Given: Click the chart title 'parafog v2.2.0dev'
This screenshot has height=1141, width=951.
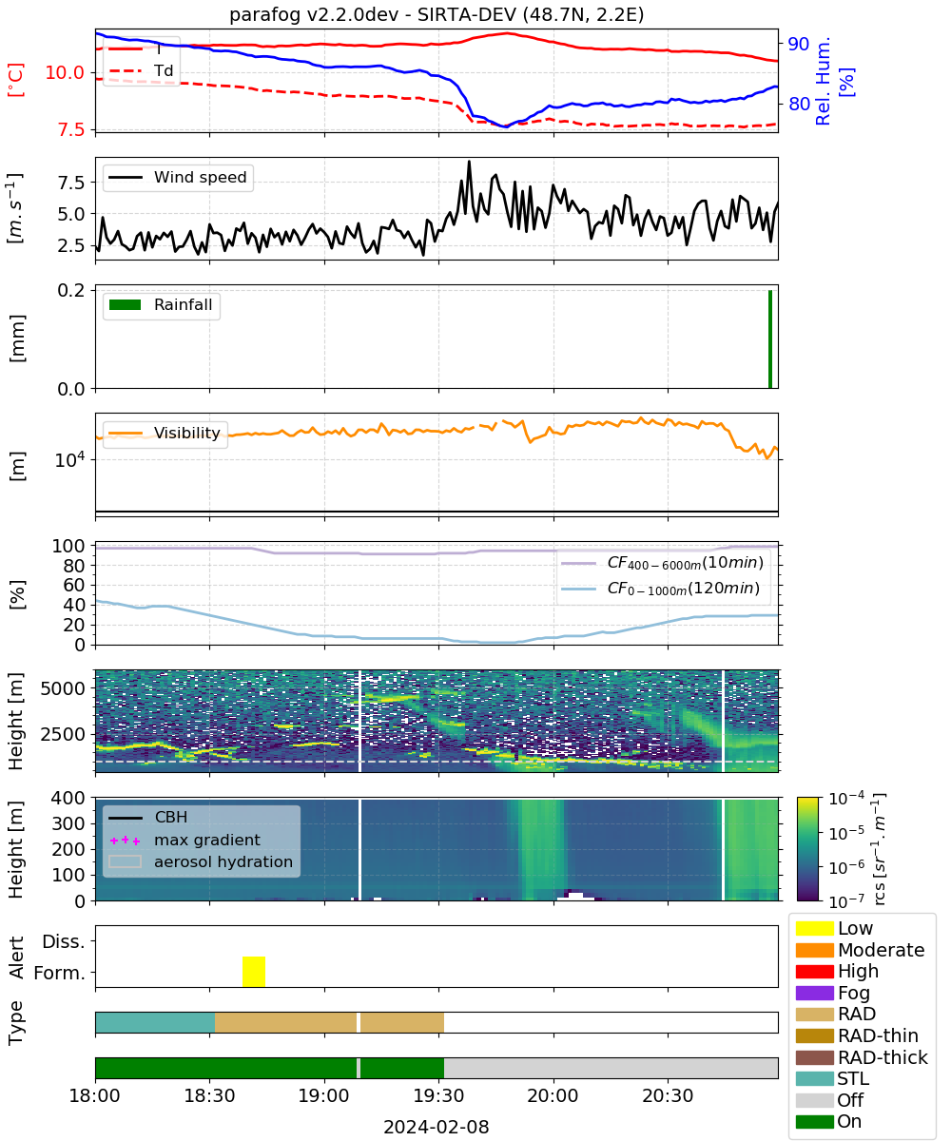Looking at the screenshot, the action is pyautogui.click(x=314, y=14).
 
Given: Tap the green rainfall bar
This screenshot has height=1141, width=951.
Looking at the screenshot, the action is pyautogui.click(x=770, y=338).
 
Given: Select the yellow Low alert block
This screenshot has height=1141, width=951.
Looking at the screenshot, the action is pyautogui.click(x=254, y=971).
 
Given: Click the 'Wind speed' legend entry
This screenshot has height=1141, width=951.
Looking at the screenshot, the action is pyautogui.click(x=178, y=177).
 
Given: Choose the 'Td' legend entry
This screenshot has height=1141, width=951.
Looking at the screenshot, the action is pyautogui.click(x=141, y=70).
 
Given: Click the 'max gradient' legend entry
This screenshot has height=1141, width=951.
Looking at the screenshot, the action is pyautogui.click(x=184, y=840).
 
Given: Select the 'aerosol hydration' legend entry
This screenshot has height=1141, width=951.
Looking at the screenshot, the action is pyautogui.click(x=201, y=861).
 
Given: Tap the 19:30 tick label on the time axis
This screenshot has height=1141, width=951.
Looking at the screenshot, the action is pyautogui.click(x=438, y=1095).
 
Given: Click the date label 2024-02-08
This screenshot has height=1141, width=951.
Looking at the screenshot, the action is pyautogui.click(x=437, y=1127).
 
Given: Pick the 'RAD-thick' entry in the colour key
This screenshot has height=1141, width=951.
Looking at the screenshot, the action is pyautogui.click(x=862, y=1057).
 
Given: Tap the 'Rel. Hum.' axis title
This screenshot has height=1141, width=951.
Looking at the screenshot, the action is pyautogui.click(x=823, y=81).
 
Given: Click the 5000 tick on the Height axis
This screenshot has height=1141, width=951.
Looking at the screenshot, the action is pyautogui.click(x=63, y=688).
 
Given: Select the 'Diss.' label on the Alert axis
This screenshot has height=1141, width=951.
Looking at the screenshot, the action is pyautogui.click(x=64, y=941).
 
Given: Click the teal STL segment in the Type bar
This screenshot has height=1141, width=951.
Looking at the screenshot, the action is pyautogui.click(x=155, y=1022).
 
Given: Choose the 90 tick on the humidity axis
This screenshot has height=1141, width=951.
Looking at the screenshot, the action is pyautogui.click(x=798, y=44).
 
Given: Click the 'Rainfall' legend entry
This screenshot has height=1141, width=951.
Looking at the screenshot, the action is pyautogui.click(x=161, y=304).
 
